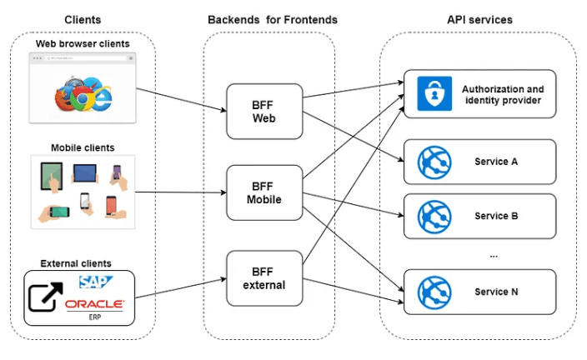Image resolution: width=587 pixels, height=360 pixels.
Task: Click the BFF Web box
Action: tap(263, 111)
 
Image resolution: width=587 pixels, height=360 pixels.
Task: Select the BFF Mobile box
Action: tap(263, 193)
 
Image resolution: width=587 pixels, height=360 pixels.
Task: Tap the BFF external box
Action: tap(263, 277)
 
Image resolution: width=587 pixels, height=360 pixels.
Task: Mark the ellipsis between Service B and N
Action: tap(493, 253)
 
